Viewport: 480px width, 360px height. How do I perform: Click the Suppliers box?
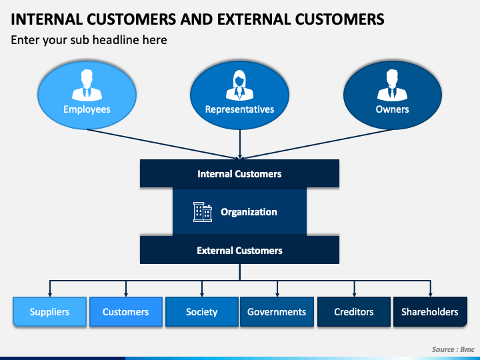coord(49,311)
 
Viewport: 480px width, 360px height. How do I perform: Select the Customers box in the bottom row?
coord(126,311)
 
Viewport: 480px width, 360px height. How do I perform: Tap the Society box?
coord(202,311)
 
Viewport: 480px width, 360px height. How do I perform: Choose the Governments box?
coord(277,311)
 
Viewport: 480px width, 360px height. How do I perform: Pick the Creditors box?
coord(354,311)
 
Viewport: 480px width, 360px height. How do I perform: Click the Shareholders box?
coord(430,311)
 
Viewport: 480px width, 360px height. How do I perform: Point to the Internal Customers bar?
coord(239,173)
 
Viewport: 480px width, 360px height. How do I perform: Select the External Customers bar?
coord(239,250)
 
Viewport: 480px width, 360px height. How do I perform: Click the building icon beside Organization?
coord(203,212)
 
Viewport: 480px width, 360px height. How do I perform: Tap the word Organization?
coord(249,212)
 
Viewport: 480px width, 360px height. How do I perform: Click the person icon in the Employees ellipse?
coord(87,85)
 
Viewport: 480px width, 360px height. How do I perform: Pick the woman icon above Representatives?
coord(240,85)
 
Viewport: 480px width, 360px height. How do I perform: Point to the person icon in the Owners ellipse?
coord(392,85)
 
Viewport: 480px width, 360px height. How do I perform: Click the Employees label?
coord(87,109)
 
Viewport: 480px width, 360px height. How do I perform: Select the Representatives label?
coord(240,109)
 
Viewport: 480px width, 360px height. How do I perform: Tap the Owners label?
coord(392,109)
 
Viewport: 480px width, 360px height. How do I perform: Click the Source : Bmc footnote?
coord(453,349)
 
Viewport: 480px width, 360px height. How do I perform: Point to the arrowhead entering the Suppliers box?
coord(50,295)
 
